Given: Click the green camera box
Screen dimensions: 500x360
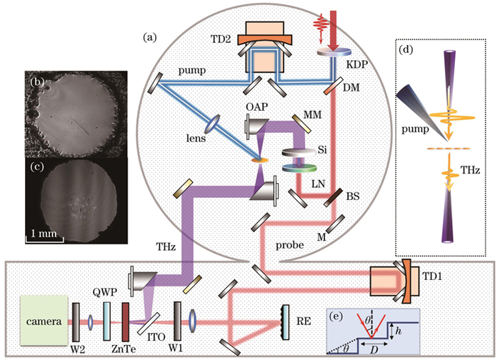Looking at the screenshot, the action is [44, 321].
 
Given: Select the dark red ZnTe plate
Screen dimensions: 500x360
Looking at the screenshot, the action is [125, 321].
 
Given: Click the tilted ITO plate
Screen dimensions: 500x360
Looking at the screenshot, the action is [149, 324].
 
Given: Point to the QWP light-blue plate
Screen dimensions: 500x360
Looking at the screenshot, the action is [106, 321].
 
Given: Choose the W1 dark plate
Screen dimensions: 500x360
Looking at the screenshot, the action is [177, 321].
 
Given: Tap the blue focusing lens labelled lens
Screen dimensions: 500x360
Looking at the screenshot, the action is [214, 124].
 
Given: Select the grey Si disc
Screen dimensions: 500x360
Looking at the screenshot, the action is [299, 152].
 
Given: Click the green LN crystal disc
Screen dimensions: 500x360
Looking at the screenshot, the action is [299, 168].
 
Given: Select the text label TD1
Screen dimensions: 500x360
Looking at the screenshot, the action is [432, 276].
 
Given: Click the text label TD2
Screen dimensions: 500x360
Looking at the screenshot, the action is [221, 39].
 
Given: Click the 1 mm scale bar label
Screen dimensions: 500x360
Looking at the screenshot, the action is [44, 234].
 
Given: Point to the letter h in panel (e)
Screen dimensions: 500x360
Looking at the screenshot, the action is [398, 331].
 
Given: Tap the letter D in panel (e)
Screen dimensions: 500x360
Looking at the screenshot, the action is [374, 350].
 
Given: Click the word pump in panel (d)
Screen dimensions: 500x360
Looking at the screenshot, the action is [415, 129].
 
